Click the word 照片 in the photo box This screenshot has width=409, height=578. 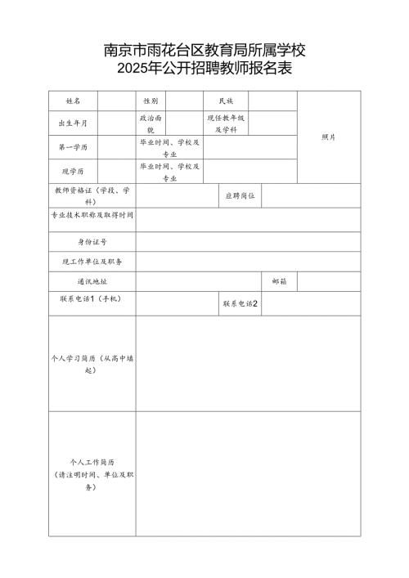click(x=329, y=137)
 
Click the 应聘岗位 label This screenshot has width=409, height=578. click(x=240, y=196)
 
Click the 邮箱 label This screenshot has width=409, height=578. click(x=279, y=281)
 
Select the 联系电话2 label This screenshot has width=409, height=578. click(x=240, y=304)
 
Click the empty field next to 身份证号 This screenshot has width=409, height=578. click(x=248, y=242)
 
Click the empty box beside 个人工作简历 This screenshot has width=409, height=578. click(x=248, y=473)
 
